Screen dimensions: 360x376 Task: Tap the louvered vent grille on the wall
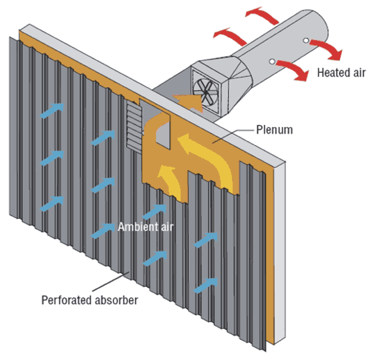click(133, 125)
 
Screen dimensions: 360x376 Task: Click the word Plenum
click(274, 131)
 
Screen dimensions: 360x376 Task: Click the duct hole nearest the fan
click(271, 61)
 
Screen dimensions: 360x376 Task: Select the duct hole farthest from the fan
click(307, 40)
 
